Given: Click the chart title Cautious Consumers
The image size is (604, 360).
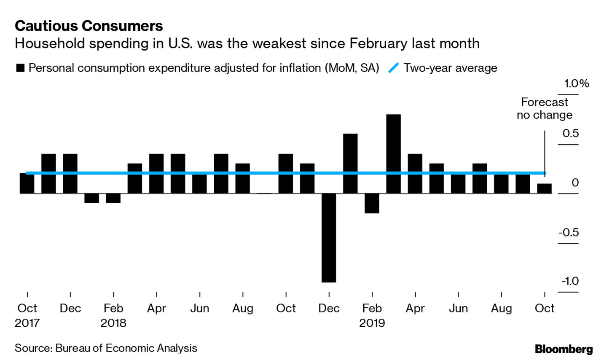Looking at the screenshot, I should click(89, 26).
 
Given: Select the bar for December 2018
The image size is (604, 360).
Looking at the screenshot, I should click(329, 237).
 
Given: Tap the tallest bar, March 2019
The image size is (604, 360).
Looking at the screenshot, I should click(393, 153).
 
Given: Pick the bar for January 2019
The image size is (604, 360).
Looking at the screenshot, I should click(350, 163).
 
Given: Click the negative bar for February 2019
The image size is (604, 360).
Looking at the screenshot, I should click(372, 203).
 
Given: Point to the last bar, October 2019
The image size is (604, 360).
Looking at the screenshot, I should click(544, 188).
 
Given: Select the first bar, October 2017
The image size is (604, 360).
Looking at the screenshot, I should click(27, 183).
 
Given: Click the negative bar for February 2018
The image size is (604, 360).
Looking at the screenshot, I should click(113, 198).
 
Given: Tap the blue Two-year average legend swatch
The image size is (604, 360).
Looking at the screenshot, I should click(393, 68).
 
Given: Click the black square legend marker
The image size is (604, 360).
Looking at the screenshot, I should click(20, 68).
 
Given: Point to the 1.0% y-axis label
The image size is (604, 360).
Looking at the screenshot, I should click(577, 83).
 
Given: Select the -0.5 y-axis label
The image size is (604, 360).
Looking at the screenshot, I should click(568, 232).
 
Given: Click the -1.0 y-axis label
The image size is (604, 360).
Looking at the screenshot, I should click(569, 281).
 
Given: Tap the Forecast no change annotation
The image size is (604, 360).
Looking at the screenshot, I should click(545, 108).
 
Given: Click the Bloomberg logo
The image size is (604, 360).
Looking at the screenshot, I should click(564, 349).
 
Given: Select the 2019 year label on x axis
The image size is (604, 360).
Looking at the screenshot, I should click(372, 323).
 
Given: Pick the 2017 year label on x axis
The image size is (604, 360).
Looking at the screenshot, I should click(27, 323).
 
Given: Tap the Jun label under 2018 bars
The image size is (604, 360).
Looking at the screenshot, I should click(199, 309).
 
